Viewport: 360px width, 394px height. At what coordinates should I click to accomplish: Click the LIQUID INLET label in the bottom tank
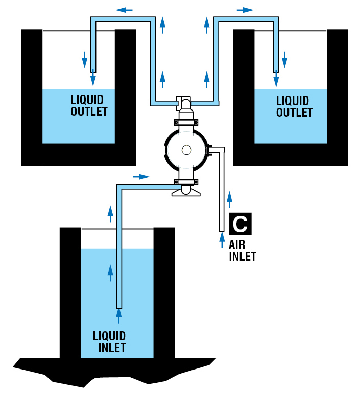coord(109,342)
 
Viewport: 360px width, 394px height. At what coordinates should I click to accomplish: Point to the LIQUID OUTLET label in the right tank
coord(294,105)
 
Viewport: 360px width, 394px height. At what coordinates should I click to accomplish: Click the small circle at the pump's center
coord(185,150)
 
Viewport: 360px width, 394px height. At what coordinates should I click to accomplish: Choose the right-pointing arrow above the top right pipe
coord(245,9)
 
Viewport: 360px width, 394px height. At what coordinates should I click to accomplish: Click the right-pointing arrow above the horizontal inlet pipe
coord(141,177)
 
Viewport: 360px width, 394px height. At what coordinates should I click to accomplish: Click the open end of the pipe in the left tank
coord(93,70)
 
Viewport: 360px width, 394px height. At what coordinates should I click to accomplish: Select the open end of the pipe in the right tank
coord(276,70)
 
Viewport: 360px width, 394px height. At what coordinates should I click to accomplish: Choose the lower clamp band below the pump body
coord(185,180)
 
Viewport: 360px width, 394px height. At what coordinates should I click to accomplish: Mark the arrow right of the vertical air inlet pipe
coord(230,197)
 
